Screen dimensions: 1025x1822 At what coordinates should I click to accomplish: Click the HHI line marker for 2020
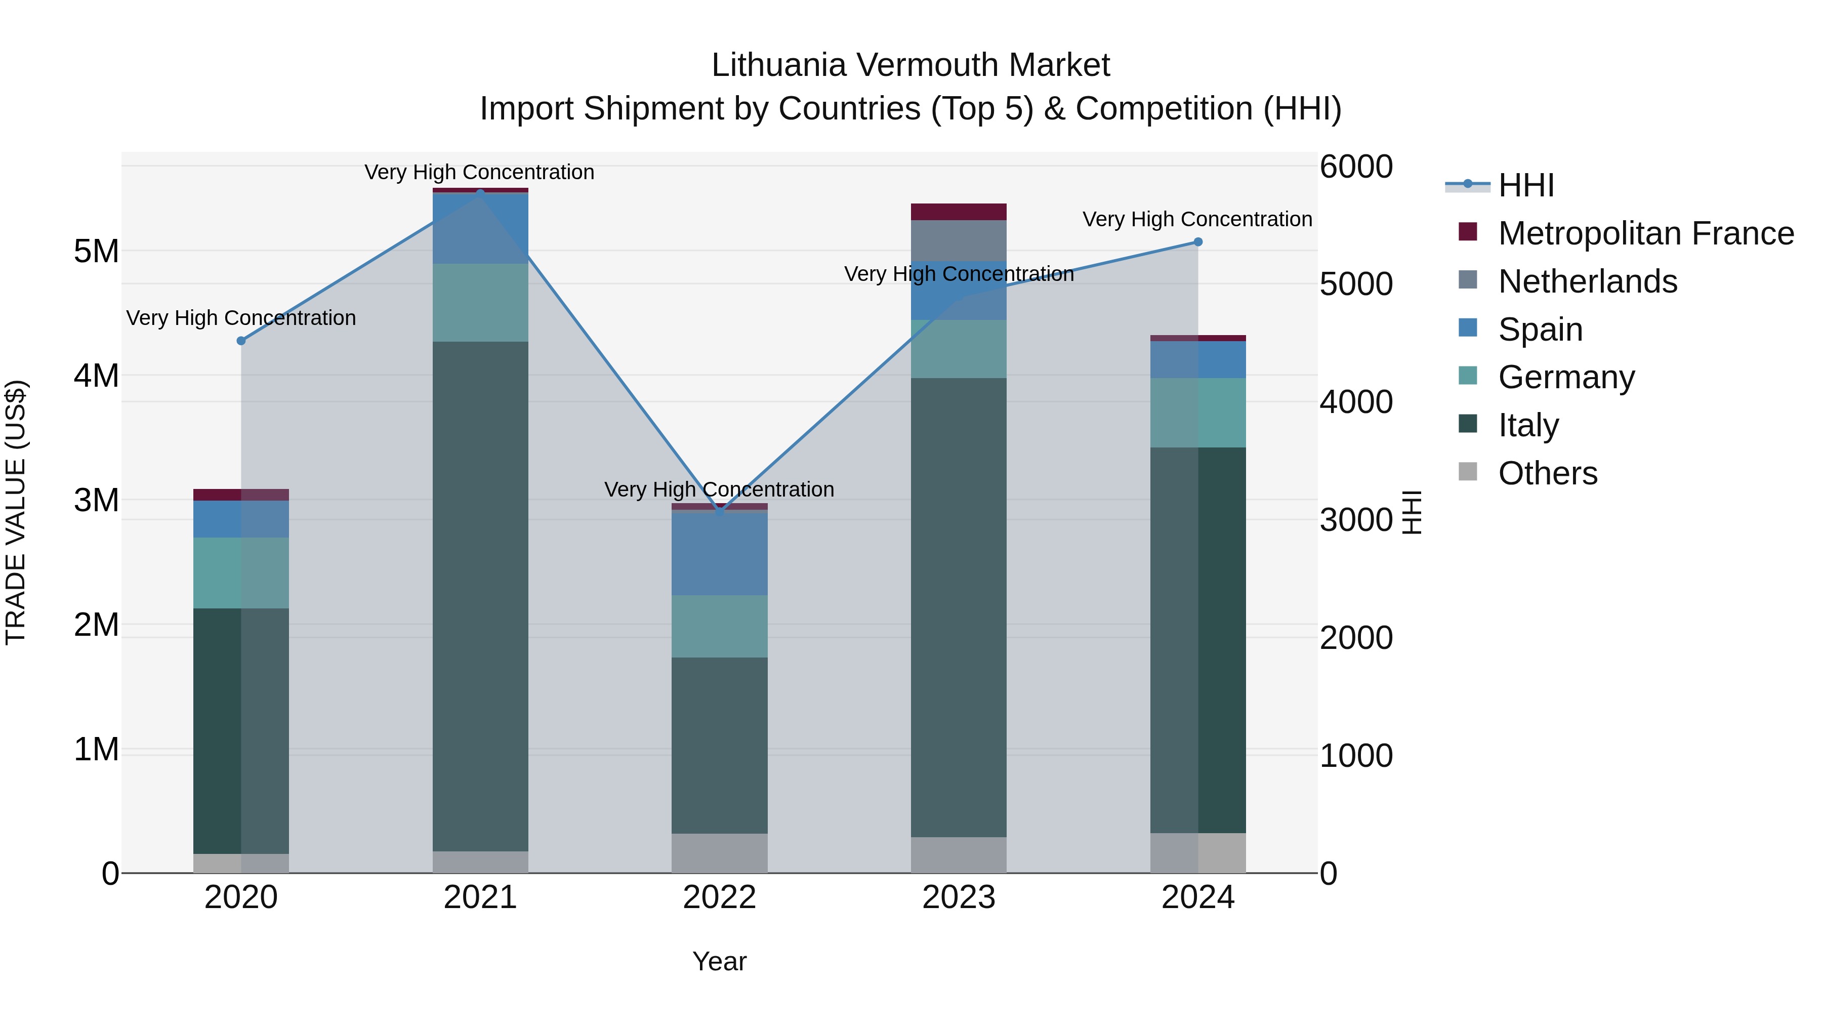(x=241, y=341)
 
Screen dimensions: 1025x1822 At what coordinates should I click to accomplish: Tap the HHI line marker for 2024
(x=1197, y=242)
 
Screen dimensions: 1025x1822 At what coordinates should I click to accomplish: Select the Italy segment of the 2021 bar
(x=480, y=596)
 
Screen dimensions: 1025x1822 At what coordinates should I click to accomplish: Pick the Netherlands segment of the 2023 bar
(x=959, y=240)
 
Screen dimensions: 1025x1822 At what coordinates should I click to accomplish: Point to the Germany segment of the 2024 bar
(x=1197, y=413)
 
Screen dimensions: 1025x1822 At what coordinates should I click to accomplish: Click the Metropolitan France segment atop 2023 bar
(x=959, y=212)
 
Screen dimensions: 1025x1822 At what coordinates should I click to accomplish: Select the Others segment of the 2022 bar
(x=719, y=852)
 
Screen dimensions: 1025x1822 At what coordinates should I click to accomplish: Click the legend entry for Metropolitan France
(x=1645, y=233)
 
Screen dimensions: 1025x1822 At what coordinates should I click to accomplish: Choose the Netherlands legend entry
(x=1587, y=281)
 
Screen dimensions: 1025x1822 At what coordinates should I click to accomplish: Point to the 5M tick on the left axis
(x=96, y=251)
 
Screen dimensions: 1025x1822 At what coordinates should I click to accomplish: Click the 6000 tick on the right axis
(x=1356, y=167)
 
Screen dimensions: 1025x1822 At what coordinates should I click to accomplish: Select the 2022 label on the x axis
(x=719, y=897)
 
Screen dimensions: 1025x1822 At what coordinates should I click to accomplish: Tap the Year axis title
(x=719, y=961)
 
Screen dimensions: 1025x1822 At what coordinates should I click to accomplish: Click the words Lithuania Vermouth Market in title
(x=910, y=65)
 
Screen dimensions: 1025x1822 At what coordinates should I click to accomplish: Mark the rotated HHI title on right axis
(x=1412, y=512)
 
